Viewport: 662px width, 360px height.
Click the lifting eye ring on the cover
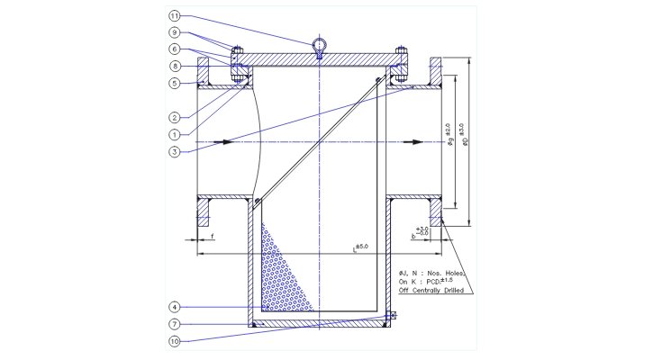[x=320, y=45]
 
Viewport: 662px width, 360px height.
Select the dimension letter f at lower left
[x=212, y=236]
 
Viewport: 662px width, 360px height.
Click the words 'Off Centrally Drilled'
[x=431, y=291]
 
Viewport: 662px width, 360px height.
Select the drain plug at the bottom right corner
[x=389, y=317]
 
